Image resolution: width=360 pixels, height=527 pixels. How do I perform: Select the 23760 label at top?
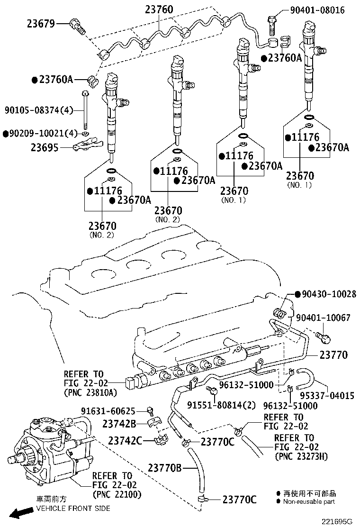tap(159, 9)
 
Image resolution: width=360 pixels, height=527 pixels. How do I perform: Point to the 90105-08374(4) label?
tap(39, 110)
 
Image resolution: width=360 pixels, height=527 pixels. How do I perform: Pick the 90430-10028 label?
tap(329, 294)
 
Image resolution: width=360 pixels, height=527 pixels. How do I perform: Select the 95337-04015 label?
tap(328, 395)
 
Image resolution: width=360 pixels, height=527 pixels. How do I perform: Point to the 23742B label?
tap(119, 423)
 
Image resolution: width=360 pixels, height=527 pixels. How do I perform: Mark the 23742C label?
tap(123, 441)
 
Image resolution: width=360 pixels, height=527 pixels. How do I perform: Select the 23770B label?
tap(164, 468)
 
